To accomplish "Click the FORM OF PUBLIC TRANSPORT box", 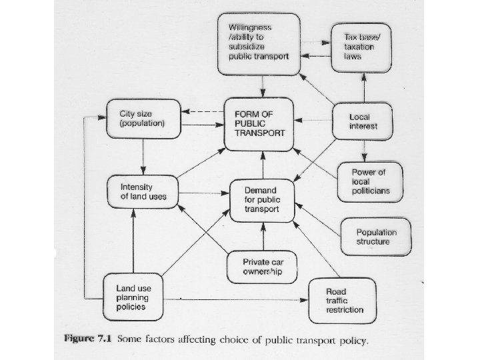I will [x=259, y=123].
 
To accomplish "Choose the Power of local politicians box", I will [x=369, y=181].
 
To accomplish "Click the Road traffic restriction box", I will [x=344, y=299].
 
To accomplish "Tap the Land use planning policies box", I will [x=134, y=297].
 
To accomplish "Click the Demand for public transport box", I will [x=262, y=199].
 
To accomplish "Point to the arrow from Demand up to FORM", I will [x=264, y=165].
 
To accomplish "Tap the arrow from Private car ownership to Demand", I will [x=264, y=237].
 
